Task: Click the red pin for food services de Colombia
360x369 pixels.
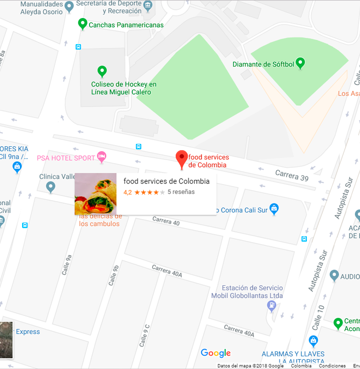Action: point(181,158)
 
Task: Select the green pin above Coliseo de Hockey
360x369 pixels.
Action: point(102,71)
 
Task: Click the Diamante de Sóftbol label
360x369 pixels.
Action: point(263,64)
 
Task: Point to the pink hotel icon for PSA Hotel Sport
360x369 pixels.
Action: point(102,157)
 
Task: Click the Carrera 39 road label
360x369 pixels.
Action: point(292,175)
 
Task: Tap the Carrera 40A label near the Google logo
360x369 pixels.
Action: point(239,331)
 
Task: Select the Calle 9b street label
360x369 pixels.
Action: point(113,275)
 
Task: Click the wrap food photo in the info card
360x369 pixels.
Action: point(95,194)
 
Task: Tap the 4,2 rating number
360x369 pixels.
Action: point(127,192)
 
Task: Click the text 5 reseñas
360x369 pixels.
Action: point(181,192)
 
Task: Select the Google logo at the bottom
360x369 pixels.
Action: point(216,353)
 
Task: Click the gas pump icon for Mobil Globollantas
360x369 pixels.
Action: point(271,306)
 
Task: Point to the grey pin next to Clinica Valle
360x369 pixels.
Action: point(51,186)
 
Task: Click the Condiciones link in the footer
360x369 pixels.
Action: point(332,366)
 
